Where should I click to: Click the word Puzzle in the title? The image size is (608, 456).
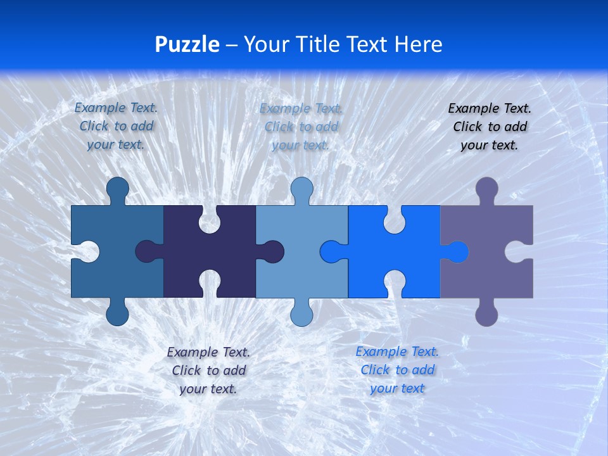tap(187, 45)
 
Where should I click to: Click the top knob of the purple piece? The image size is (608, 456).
tap(486, 189)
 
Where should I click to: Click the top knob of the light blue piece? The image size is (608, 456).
tap(301, 189)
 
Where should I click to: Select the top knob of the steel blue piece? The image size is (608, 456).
tap(117, 189)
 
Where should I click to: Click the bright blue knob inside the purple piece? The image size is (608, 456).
tap(457, 252)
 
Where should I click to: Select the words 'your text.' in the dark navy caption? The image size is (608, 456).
tap(208, 389)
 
